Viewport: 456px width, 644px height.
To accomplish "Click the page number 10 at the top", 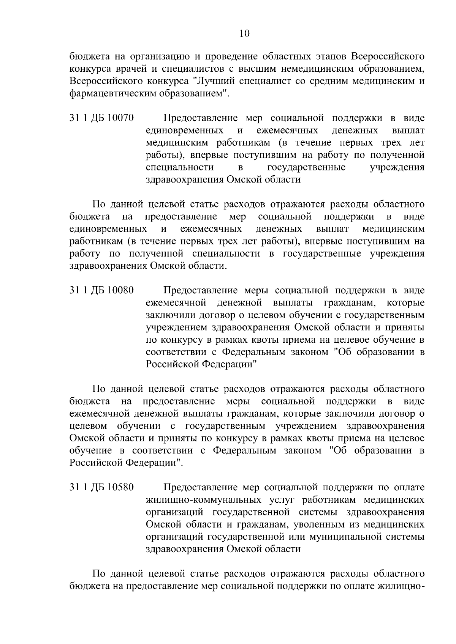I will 244,34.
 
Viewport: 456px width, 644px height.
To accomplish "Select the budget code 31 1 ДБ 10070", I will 101,118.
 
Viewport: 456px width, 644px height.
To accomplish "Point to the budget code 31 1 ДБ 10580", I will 101,487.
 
